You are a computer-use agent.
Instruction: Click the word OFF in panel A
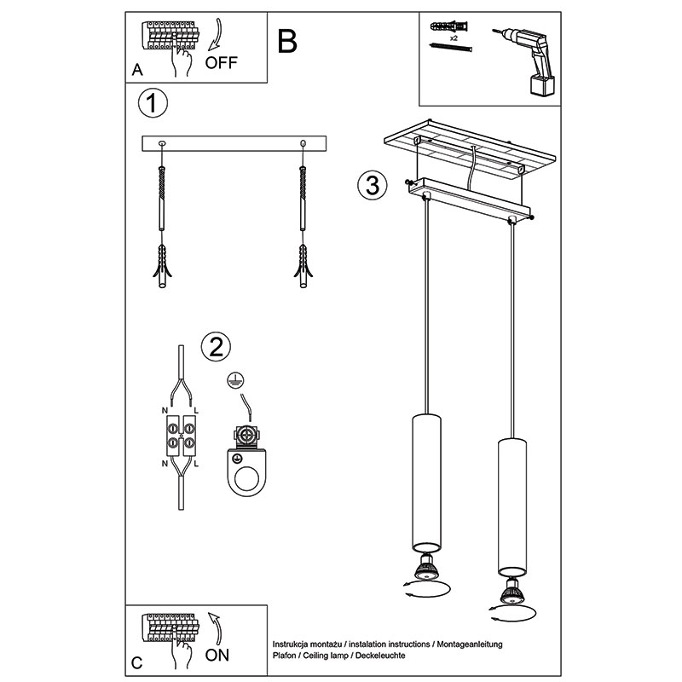[x=222, y=62]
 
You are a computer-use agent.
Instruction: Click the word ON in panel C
[x=217, y=655]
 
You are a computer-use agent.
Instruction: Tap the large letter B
[x=287, y=41]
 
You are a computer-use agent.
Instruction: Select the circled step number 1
[x=153, y=103]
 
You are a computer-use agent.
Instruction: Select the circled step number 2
[x=217, y=347]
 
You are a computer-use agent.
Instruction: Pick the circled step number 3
[x=372, y=185]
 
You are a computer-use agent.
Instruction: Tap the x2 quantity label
[x=454, y=38]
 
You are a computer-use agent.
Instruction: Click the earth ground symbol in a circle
[x=235, y=380]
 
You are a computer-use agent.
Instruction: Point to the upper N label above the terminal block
[x=165, y=410]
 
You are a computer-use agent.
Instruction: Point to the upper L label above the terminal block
[x=196, y=410]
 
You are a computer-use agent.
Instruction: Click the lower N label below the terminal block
[x=165, y=464]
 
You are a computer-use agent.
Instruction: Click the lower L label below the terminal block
[x=196, y=464]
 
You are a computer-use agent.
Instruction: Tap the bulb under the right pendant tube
[x=511, y=592]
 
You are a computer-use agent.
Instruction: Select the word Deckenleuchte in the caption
[x=380, y=656]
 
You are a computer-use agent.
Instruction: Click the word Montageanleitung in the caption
[x=470, y=644]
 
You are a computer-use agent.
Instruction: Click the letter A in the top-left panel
[x=137, y=70]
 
